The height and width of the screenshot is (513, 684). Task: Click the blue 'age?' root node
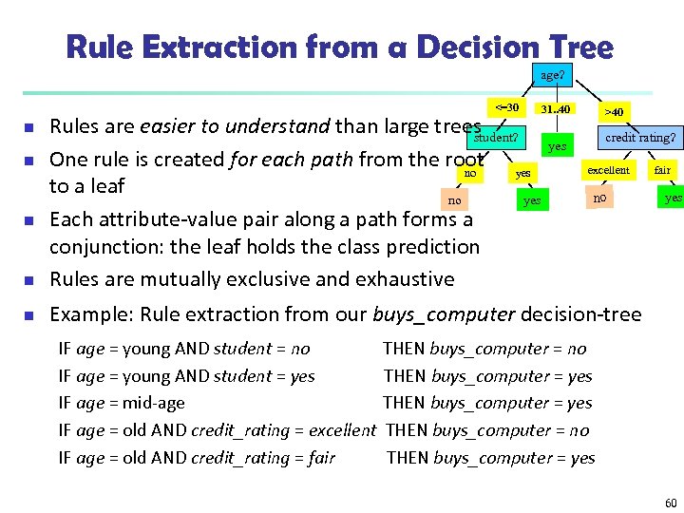(551, 75)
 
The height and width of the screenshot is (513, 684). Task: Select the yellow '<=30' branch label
(506, 107)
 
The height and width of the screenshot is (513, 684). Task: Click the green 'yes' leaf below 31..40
(557, 147)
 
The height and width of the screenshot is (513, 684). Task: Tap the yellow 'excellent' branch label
(608, 170)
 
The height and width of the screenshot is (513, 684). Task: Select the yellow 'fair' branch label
(662, 170)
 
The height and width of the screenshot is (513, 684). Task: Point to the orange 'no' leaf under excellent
(599, 199)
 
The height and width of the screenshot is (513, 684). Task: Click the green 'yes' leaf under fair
(673, 199)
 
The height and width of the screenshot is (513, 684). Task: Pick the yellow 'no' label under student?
(469, 174)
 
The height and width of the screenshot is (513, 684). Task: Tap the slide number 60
(671, 503)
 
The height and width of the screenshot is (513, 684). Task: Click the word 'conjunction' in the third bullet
(104, 247)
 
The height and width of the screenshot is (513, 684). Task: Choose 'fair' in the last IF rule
(321, 458)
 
